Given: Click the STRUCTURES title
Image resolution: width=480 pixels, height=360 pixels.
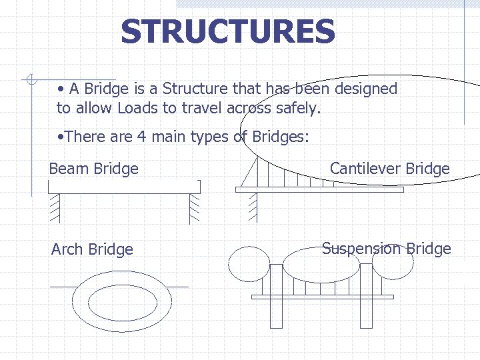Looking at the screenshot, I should click(x=228, y=31).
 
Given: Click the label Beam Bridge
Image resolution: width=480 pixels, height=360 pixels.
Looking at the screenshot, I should click(x=93, y=169).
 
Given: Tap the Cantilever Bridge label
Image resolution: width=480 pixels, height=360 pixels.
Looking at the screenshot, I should click(x=389, y=169).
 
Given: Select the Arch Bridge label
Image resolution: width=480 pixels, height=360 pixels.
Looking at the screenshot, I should click(x=92, y=249).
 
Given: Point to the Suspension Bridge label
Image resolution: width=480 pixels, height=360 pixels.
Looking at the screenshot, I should click(x=386, y=249).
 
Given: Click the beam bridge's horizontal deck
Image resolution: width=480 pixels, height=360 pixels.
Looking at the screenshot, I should click(x=124, y=187).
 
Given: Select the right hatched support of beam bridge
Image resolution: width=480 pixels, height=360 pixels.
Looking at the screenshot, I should click(x=194, y=207).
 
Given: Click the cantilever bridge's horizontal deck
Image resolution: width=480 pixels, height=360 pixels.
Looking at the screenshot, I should click(x=319, y=189).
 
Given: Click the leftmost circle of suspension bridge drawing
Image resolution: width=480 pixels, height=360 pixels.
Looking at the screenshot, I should click(x=249, y=264).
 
